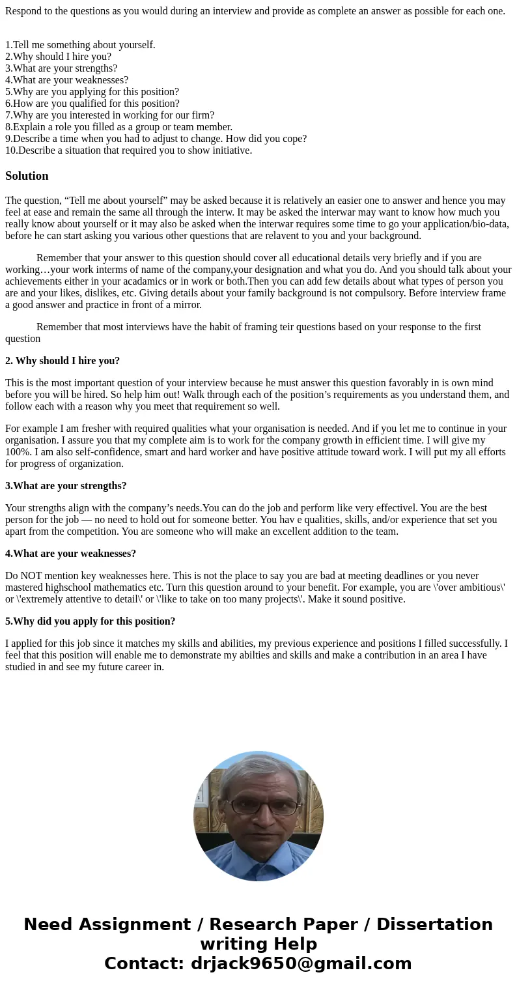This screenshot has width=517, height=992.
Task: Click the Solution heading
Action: click(27, 176)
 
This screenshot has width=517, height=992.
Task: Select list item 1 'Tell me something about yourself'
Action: click(80, 45)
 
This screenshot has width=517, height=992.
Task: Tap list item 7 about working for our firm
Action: click(109, 115)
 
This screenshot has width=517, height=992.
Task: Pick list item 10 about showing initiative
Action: click(128, 150)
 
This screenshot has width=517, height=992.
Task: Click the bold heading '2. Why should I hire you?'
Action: click(63, 361)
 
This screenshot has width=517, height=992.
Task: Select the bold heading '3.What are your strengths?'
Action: click(66, 486)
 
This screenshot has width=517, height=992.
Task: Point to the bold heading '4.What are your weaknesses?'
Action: click(70, 554)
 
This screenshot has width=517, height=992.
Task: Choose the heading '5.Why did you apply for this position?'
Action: click(90, 621)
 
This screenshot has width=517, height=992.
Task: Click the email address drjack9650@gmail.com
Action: click(301, 963)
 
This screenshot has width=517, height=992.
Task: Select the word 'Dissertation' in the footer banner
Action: click(434, 924)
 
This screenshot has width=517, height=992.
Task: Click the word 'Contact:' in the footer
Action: click(144, 963)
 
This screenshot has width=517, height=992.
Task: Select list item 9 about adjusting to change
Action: click(156, 139)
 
